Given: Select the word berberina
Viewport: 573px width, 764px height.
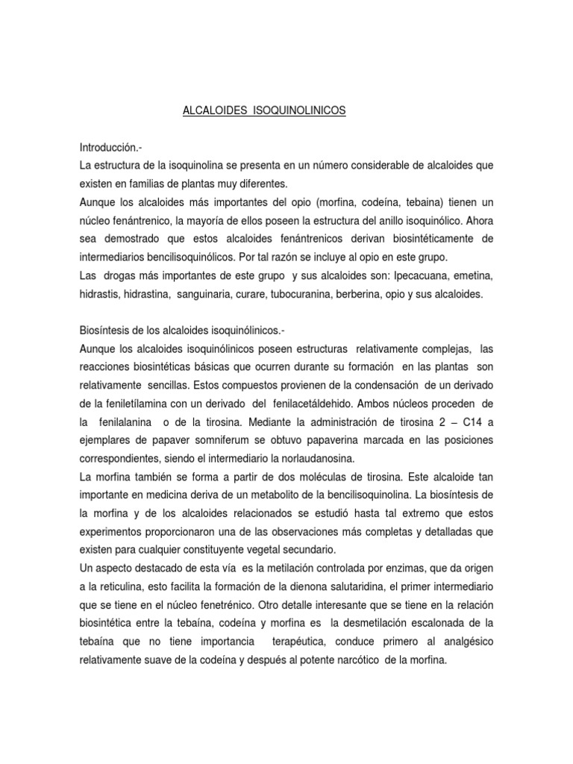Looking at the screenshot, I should point(392,295).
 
